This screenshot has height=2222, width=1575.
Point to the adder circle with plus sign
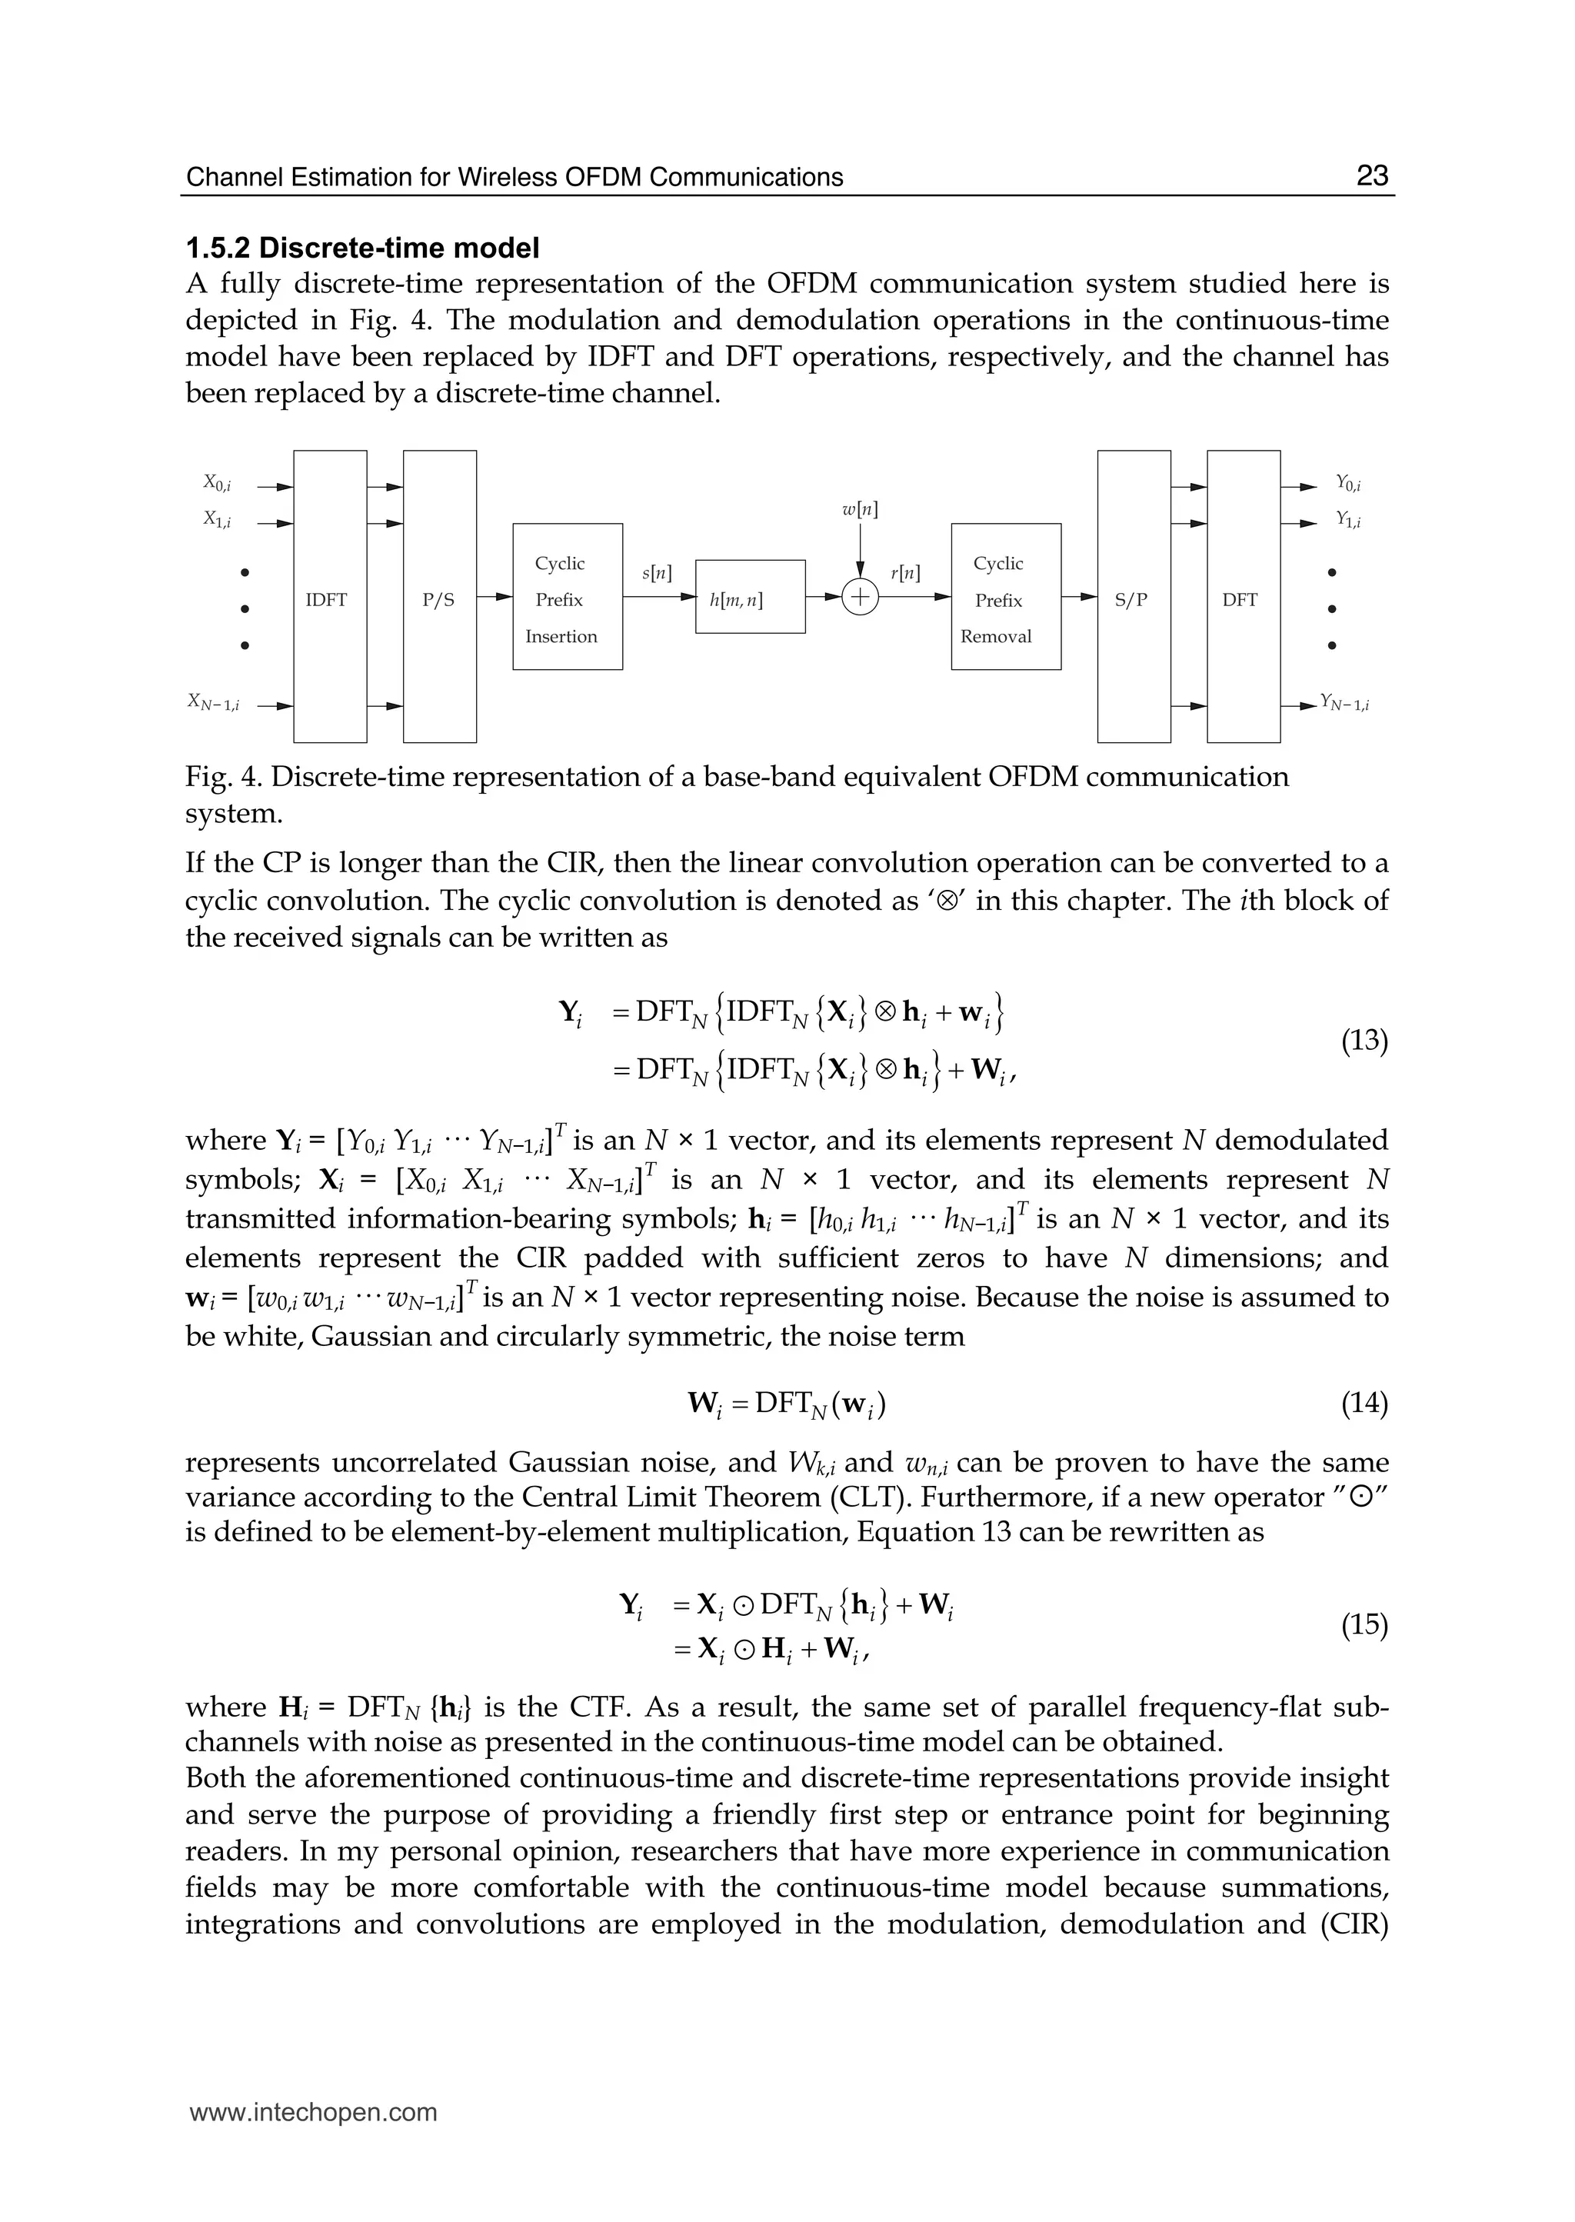pyautogui.click(x=859, y=598)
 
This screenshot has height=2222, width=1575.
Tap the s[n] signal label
pyautogui.click(x=658, y=572)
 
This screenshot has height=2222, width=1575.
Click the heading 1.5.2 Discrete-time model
pyautogui.click(x=361, y=248)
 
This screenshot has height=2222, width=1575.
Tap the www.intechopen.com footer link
pyautogui.click(x=313, y=2113)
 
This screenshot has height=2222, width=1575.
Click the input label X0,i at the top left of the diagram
pyautogui.click(x=216, y=482)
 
